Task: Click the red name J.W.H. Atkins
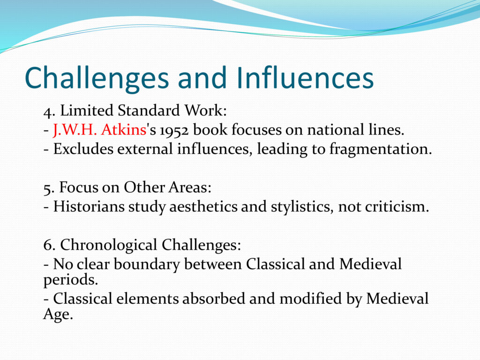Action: point(100,129)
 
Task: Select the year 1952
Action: point(174,130)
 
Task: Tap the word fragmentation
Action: point(381,150)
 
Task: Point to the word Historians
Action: point(89,206)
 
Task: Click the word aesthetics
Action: point(203,206)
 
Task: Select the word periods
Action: point(71,280)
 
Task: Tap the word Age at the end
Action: point(58,315)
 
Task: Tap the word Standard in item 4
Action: point(149,111)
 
